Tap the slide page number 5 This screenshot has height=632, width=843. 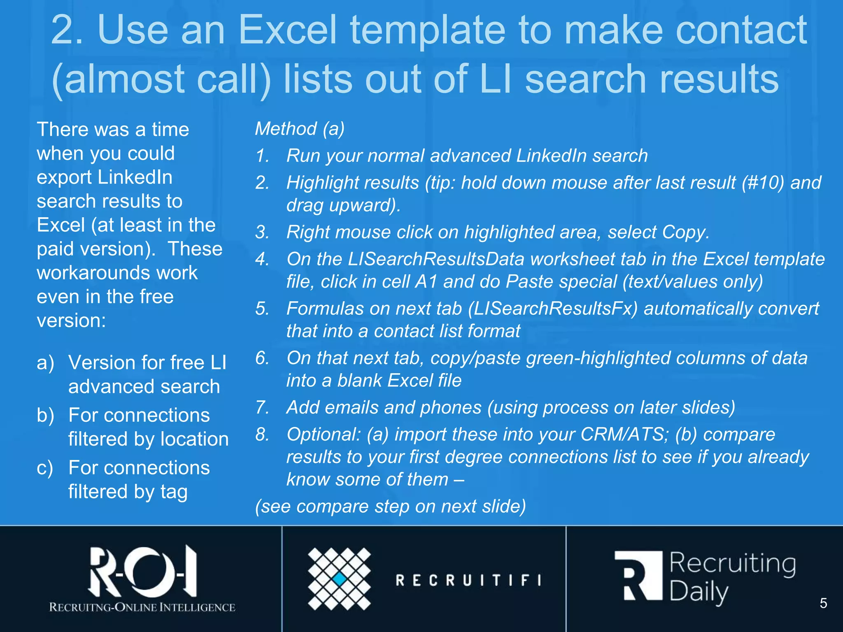[823, 603]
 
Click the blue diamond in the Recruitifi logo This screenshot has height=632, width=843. [340, 579]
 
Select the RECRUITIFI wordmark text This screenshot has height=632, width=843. [468, 580]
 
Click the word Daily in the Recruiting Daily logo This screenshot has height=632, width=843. [699, 592]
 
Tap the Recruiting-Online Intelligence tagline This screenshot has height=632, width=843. [142, 607]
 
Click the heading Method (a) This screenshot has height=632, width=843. [300, 129]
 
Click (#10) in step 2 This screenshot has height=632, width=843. [763, 183]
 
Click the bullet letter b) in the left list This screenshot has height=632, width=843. [45, 415]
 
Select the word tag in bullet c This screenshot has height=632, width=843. [174, 492]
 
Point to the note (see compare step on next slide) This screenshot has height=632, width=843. [390, 507]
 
